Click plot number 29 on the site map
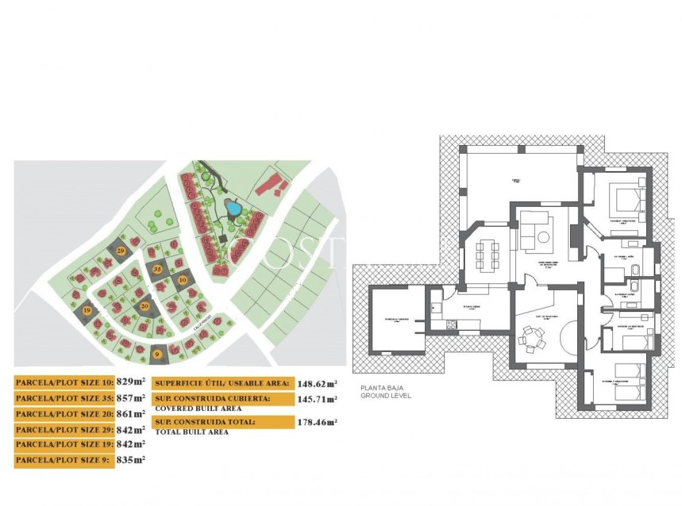[x=121, y=251]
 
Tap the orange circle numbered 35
[x=157, y=270]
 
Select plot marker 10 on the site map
[x=182, y=280]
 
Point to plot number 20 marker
[x=144, y=305]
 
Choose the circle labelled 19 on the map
[x=87, y=311]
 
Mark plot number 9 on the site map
[x=157, y=354]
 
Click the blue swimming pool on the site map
[x=233, y=210]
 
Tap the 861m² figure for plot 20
[x=133, y=413]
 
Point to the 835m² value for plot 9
[x=133, y=459]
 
